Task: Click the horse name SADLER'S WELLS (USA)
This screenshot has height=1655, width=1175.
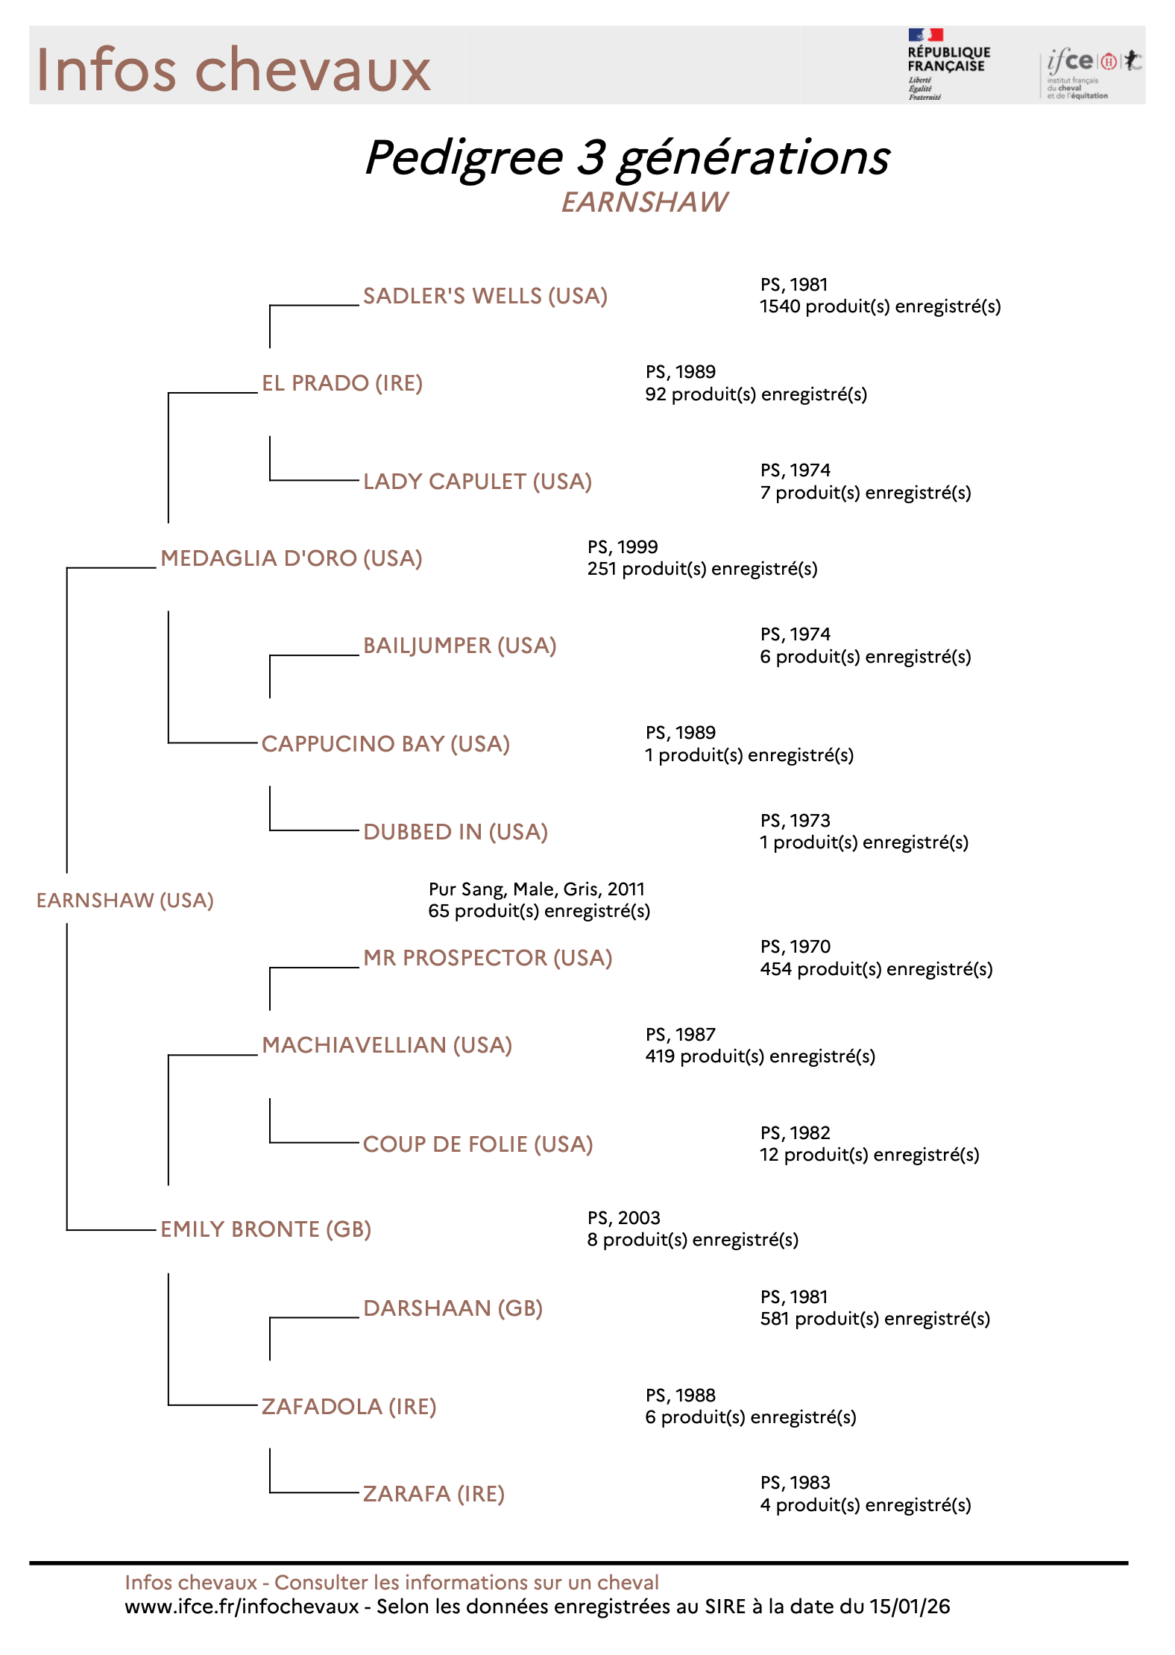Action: click(x=485, y=296)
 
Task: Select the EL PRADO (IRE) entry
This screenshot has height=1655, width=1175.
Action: click(x=341, y=383)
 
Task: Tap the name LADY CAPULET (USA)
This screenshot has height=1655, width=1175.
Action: click(x=477, y=482)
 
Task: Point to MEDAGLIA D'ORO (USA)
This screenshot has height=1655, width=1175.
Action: click(x=291, y=558)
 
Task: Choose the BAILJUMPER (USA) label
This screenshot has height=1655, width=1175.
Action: click(x=459, y=646)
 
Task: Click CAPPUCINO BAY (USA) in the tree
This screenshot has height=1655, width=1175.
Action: click(x=385, y=744)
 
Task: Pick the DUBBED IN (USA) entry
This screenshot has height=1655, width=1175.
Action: click(x=455, y=832)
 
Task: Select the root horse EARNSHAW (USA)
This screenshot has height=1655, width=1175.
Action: click(x=125, y=901)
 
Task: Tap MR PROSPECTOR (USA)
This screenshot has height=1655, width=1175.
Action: click(x=487, y=958)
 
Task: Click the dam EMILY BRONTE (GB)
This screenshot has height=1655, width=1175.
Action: click(x=265, y=1229)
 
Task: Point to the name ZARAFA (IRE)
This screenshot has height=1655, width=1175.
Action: click(x=433, y=1494)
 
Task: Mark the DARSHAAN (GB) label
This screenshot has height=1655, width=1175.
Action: click(x=453, y=1308)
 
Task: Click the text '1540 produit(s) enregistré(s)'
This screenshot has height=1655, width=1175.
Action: click(x=880, y=306)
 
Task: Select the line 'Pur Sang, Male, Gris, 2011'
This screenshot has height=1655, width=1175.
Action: click(x=536, y=889)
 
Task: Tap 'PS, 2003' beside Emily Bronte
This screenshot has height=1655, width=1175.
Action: click(x=623, y=1217)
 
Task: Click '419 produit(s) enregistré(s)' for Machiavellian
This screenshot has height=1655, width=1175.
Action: click(x=760, y=1056)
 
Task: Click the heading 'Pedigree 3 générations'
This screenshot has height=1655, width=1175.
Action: click(x=626, y=158)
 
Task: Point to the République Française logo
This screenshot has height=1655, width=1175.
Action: click(x=947, y=64)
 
